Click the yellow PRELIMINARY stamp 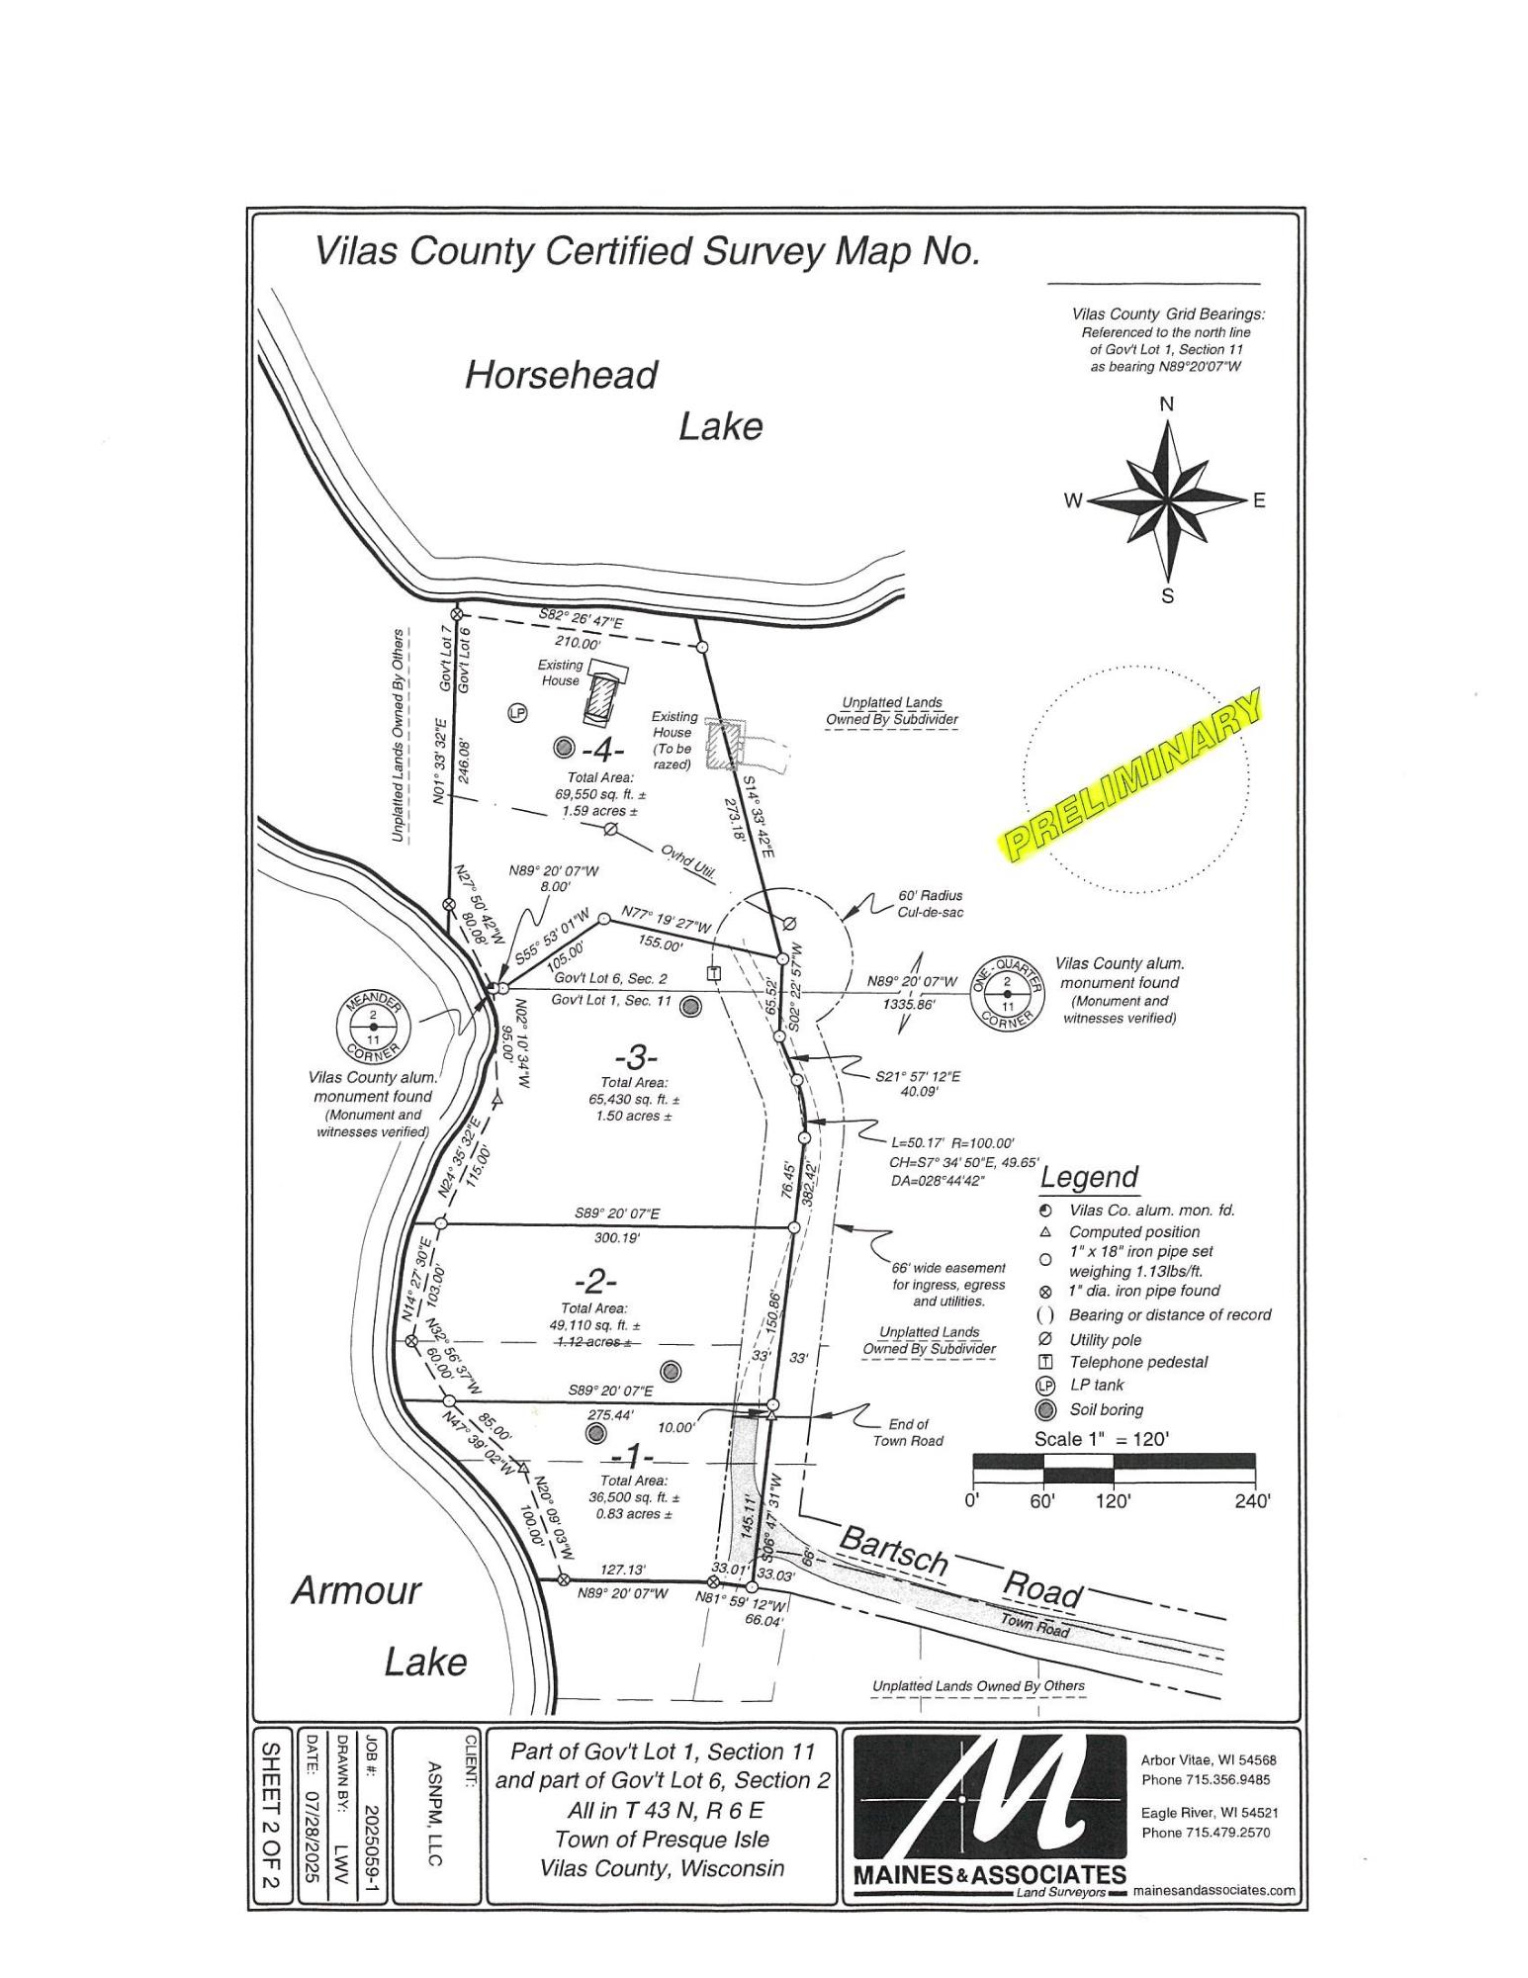(x=1132, y=774)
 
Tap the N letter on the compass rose (x=1167, y=404)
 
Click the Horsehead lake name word (x=561, y=376)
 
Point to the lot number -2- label (x=595, y=1282)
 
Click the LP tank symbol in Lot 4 (x=516, y=712)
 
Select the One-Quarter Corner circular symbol (x=1007, y=994)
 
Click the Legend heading (x=1088, y=1178)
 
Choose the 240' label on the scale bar (x=1251, y=1500)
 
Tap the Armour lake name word (x=356, y=1591)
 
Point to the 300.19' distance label (x=617, y=1237)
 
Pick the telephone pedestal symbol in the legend (x=1044, y=1362)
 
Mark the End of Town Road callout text (x=908, y=1432)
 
